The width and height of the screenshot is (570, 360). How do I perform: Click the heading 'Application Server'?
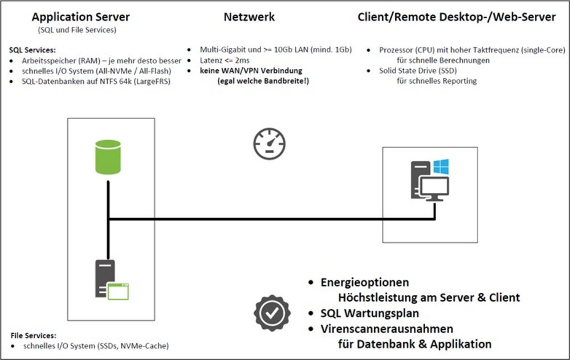(x=80, y=17)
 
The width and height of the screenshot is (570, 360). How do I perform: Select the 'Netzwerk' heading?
(x=249, y=17)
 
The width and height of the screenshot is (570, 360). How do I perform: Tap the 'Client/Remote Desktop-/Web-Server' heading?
(x=456, y=17)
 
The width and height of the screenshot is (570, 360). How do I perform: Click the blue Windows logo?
(x=441, y=167)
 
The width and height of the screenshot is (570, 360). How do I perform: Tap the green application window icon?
(x=119, y=291)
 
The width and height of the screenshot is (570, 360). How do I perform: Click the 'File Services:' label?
(x=34, y=336)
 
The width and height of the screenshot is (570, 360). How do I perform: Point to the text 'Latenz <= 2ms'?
(x=225, y=60)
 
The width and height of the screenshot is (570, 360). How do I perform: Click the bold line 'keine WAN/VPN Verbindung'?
(x=251, y=71)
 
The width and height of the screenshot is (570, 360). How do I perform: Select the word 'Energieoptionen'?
(x=365, y=283)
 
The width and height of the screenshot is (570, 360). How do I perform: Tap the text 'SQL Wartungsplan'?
(x=370, y=313)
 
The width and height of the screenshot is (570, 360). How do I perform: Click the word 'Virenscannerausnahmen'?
(x=387, y=329)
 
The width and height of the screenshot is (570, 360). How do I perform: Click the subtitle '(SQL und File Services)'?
(x=78, y=30)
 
